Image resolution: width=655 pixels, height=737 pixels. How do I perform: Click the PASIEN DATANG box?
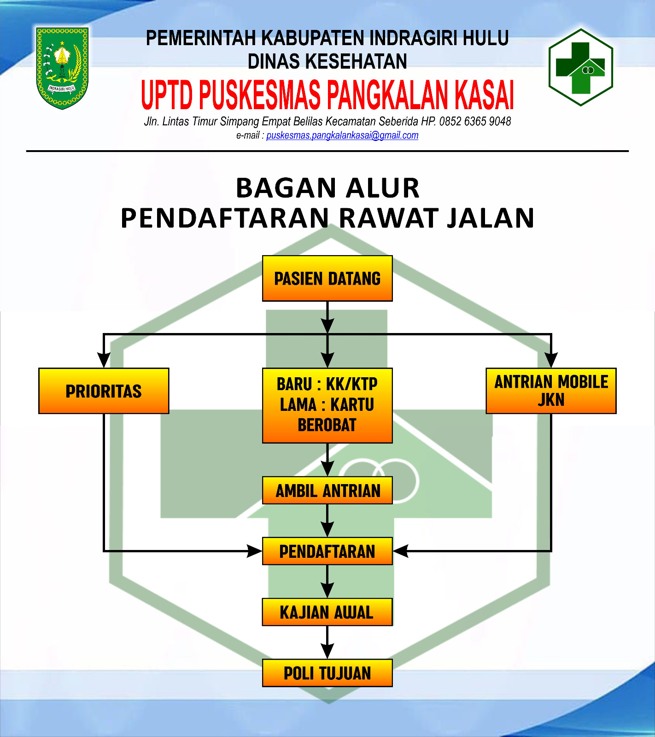327,279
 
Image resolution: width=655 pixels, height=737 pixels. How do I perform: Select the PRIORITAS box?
104,391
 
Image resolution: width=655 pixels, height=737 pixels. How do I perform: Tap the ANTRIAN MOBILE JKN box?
551,391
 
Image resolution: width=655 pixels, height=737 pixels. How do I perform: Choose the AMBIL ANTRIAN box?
327,491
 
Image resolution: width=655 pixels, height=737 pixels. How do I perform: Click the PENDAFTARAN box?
327,551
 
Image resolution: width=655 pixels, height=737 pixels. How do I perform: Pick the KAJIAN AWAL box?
327,612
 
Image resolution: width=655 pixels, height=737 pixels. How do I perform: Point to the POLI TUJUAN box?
327,673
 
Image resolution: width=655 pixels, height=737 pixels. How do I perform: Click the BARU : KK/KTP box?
327,405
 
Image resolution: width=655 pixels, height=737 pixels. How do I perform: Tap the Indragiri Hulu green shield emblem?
62,68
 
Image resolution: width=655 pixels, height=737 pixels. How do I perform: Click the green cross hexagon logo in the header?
581,67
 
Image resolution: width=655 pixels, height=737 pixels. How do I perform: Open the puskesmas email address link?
342,135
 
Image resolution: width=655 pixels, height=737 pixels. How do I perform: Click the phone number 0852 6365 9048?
475,122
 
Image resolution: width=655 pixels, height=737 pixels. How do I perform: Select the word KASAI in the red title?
485,95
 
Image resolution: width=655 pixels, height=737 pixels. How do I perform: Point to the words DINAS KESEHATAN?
327,61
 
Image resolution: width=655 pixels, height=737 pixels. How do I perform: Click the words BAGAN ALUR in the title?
327,188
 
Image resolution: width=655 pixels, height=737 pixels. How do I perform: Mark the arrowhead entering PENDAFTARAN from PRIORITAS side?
254,551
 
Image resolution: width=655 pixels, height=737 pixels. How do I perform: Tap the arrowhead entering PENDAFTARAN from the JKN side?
401,551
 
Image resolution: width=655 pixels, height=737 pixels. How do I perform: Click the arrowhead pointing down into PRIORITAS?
104,360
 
